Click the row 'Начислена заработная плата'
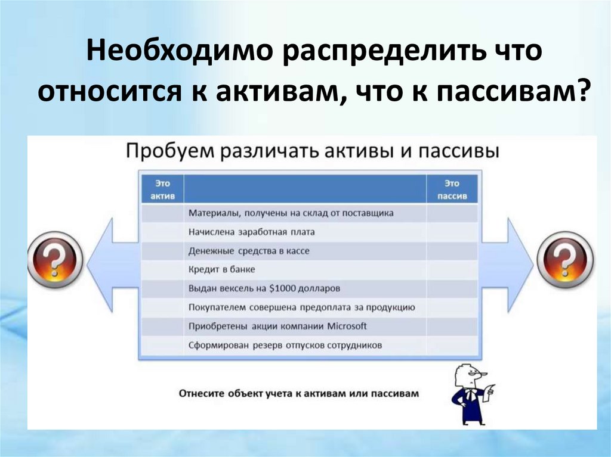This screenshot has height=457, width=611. [251, 232]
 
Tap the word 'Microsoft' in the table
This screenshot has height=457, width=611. [347, 327]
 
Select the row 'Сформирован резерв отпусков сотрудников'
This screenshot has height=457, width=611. [285, 345]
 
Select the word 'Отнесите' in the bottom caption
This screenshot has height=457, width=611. [199, 393]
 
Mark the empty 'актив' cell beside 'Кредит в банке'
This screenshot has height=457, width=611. [162, 270]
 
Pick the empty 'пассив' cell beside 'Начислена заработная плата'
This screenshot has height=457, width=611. [452, 232]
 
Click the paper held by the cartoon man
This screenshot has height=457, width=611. [491, 391]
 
